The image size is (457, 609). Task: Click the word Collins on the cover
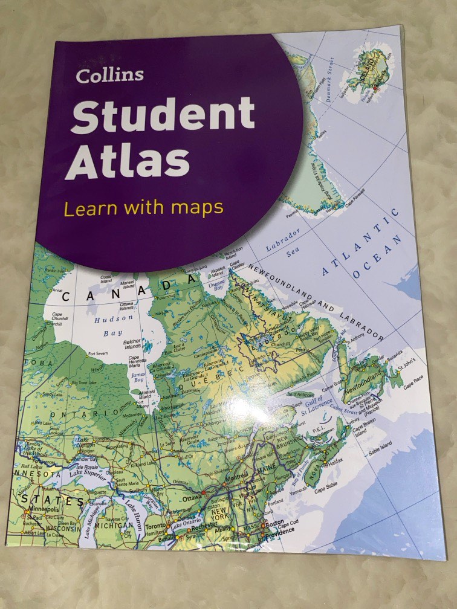point(110,76)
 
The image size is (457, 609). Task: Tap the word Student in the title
point(162,115)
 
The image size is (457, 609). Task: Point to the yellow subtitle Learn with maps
point(144,208)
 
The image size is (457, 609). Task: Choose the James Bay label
point(138,378)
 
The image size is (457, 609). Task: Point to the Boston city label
point(274,523)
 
